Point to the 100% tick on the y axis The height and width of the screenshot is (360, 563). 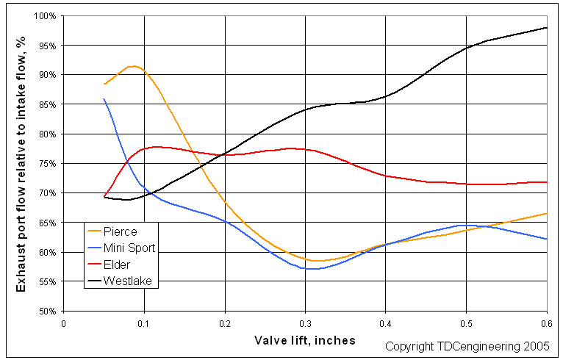(48, 16)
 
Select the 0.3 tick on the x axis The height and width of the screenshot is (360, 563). (305, 323)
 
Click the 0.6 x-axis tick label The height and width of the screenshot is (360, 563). (546, 323)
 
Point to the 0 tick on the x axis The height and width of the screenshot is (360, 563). (64, 323)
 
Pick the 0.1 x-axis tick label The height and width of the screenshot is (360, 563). (144, 323)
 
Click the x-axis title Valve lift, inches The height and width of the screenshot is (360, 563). (305, 340)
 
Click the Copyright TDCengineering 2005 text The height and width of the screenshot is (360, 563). (470, 345)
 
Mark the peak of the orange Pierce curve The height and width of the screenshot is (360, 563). (132, 66)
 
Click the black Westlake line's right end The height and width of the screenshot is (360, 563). (546, 28)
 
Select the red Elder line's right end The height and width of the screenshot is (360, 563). (546, 181)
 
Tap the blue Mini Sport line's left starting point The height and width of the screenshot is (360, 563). (104, 99)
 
